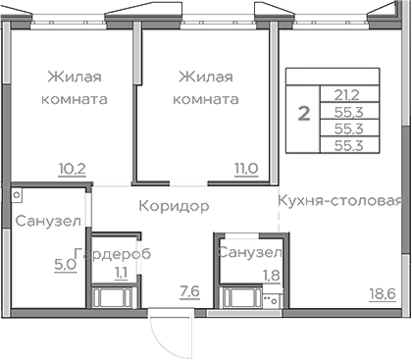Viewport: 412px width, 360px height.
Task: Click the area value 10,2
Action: point(73,168)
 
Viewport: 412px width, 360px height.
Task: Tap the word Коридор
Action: point(174,206)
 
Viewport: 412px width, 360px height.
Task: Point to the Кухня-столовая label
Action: point(339,201)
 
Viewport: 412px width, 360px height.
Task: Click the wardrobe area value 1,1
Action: point(121,273)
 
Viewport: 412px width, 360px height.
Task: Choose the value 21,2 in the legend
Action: point(346,95)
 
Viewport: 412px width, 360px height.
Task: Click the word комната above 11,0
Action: point(206,99)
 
